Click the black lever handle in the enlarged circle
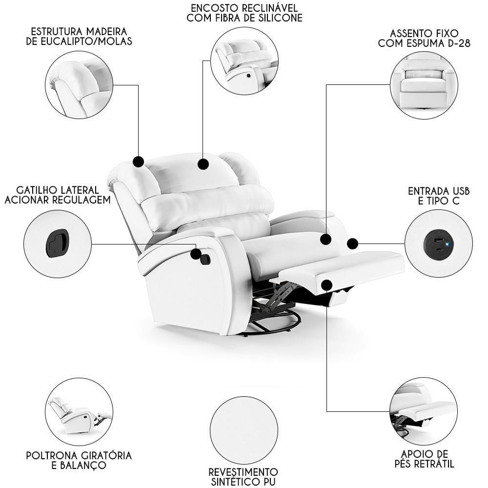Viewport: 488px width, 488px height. (57, 243)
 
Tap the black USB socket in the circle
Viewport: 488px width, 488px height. (439, 244)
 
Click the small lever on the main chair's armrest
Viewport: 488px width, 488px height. (205, 260)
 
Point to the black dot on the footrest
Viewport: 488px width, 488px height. (326, 285)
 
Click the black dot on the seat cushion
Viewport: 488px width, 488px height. (325, 239)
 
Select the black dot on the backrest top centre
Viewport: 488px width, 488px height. (203, 164)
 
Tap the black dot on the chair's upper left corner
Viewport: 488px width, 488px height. (138, 162)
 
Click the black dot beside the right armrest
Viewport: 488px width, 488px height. (352, 244)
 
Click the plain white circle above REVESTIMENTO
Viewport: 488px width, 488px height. (244, 430)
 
